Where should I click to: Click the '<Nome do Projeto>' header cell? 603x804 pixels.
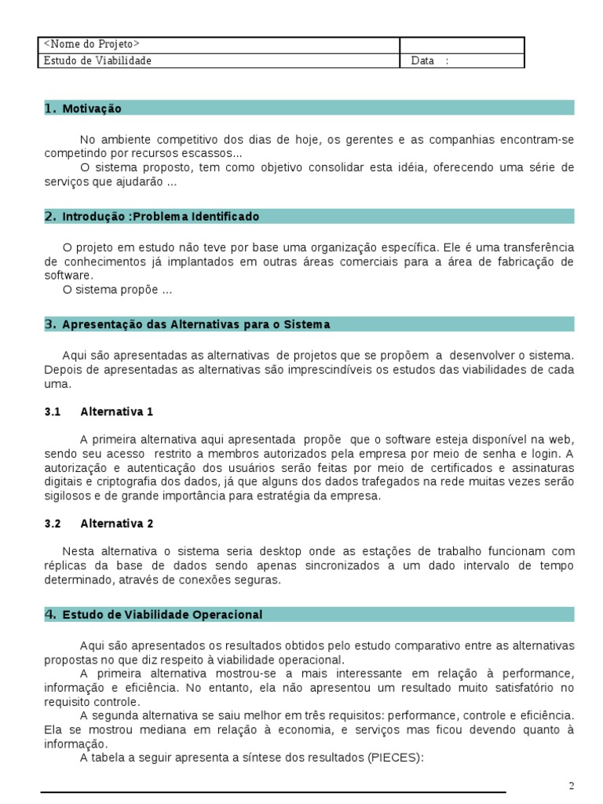pyautogui.click(x=92, y=45)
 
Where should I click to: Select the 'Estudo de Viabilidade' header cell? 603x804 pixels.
pyautogui.click(x=98, y=60)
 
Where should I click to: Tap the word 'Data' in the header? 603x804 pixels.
pyautogui.click(x=422, y=60)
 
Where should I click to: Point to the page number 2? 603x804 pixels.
pyautogui.click(x=572, y=786)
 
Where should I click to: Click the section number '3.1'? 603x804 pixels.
pyautogui.click(x=53, y=411)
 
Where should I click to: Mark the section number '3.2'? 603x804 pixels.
pyautogui.click(x=53, y=523)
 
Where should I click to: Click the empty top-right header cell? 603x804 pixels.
pyautogui.click(x=462, y=45)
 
